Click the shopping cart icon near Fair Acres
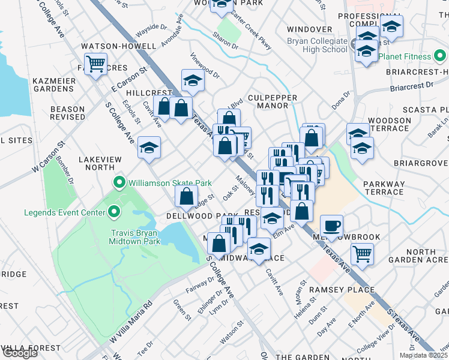click(x=95, y=63)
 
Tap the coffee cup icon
click(x=331, y=226)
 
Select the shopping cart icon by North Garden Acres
click(x=362, y=254)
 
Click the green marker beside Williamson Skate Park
click(x=119, y=182)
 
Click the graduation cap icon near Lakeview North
click(x=149, y=148)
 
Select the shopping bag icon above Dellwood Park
click(x=187, y=196)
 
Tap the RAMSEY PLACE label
click(x=342, y=290)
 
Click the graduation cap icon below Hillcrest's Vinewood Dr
click(x=193, y=80)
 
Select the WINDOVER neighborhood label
click(x=309, y=29)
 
